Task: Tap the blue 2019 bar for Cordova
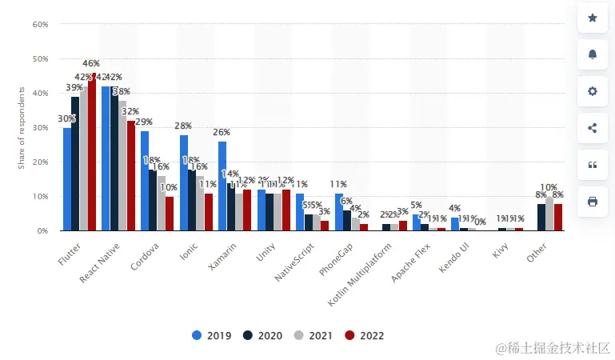coord(145,181)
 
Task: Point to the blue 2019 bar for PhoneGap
coord(339,212)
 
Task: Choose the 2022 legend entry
coord(364,336)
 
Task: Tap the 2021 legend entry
coord(313,336)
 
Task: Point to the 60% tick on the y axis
coord(40,25)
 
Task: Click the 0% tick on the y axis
coord(42,230)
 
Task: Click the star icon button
coord(593,18)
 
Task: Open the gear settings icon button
coord(593,91)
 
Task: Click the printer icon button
coord(593,202)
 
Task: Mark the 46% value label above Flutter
coord(91,63)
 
